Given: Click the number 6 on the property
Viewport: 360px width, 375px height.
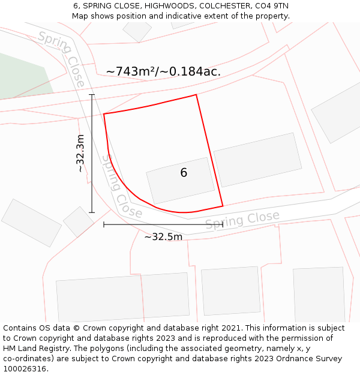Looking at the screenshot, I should [184, 173].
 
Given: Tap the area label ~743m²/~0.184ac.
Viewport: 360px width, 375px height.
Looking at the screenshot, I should [163, 71].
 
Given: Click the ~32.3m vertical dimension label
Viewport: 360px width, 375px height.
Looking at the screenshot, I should [80, 153].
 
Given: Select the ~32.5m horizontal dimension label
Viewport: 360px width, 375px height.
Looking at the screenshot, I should [163, 236].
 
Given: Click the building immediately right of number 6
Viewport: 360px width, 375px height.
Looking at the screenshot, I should [258, 159].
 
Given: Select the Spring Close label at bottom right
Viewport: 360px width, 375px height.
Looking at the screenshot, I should [242, 220].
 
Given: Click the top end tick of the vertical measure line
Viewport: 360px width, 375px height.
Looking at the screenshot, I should [92, 95].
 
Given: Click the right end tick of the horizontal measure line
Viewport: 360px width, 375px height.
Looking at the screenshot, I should [223, 224].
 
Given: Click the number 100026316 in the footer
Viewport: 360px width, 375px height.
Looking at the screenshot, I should [25, 368].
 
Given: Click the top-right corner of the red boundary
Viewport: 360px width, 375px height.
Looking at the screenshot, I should [196, 95].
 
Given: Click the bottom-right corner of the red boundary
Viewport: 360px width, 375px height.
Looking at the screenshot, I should [223, 206].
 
